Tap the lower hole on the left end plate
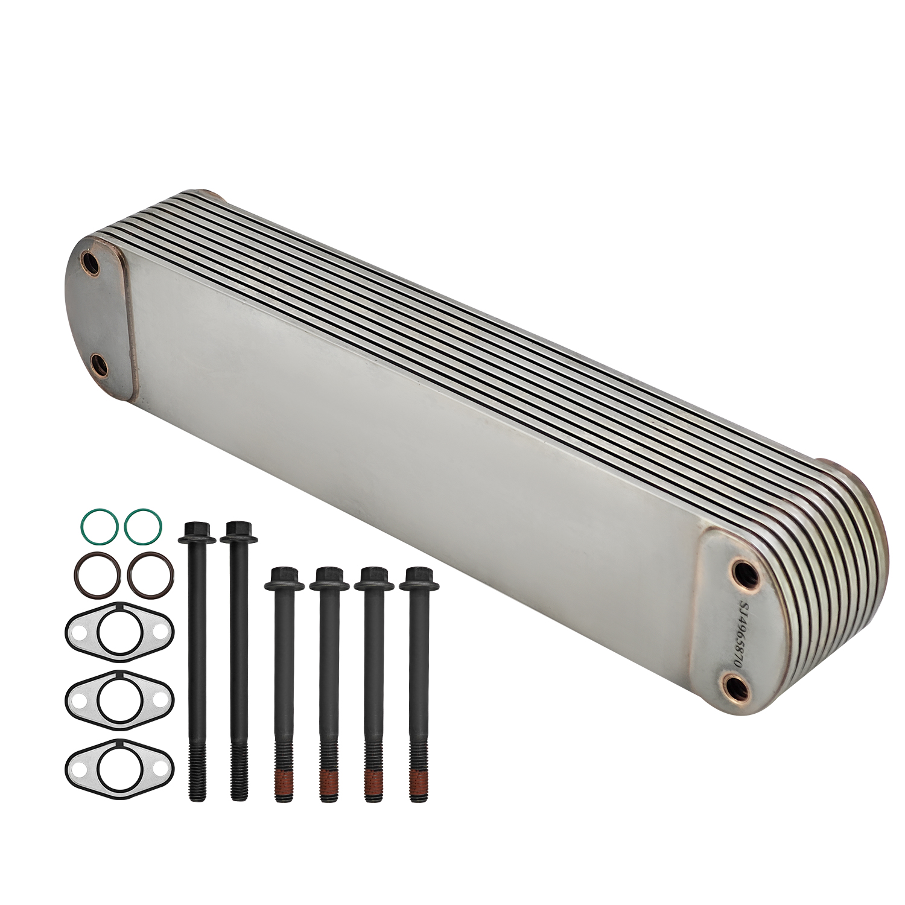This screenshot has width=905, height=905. [98, 364]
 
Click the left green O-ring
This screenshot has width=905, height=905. [98, 526]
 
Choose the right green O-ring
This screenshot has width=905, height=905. [143, 526]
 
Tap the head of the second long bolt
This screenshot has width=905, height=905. [239, 532]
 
